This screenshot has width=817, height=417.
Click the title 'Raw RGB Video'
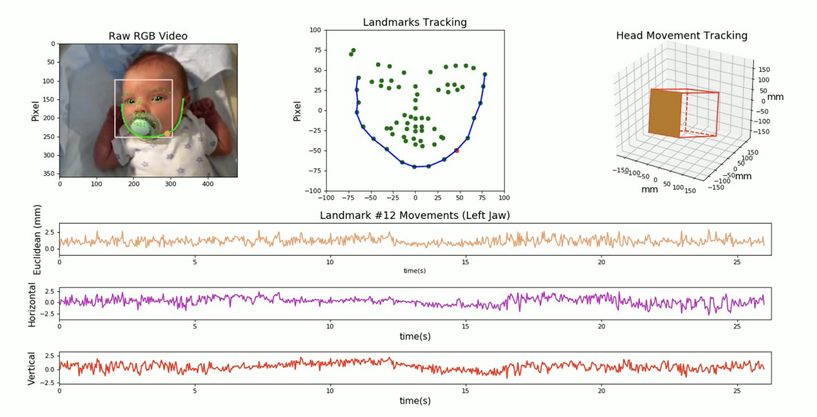148,36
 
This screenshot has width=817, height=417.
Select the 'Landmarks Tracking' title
414,22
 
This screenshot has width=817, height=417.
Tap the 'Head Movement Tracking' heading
681,35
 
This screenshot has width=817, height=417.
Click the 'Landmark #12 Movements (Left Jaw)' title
415,215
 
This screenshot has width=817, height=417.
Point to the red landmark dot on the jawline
457,151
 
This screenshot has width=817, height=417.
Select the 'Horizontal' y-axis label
32,304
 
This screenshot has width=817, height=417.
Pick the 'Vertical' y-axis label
32,370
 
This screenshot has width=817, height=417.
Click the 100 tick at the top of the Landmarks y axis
315,30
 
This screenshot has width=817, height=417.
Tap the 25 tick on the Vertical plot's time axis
737,391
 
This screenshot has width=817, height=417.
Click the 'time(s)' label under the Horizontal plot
414,336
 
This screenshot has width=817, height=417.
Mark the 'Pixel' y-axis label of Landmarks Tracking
297,111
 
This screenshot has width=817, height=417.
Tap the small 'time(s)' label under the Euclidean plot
414,270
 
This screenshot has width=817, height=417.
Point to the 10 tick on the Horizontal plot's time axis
330,325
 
